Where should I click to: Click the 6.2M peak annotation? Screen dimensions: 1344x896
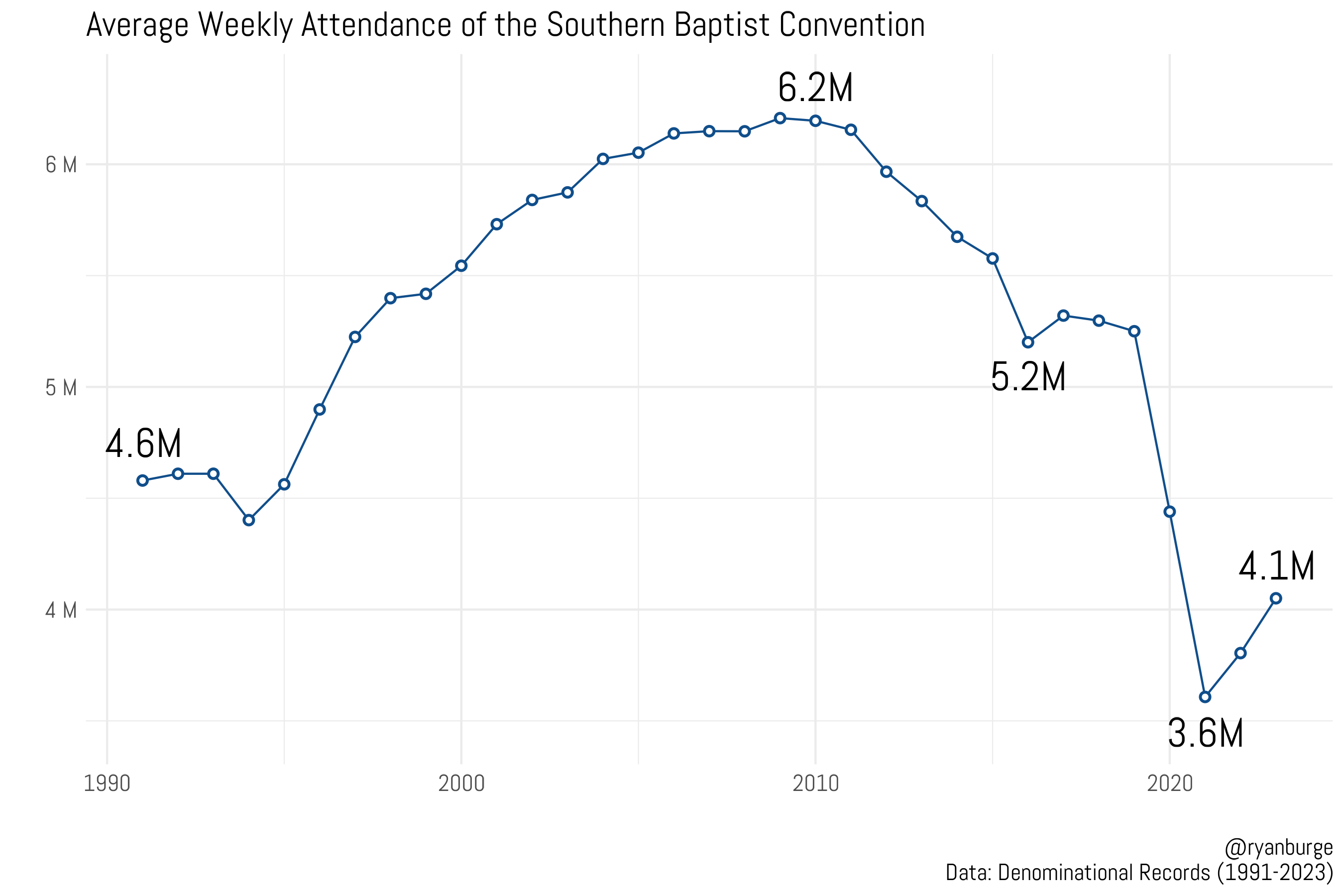pyautogui.click(x=815, y=89)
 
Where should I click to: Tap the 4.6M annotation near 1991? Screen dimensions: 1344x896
pyautogui.click(x=143, y=444)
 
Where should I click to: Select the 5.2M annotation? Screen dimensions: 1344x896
pyautogui.click(x=1028, y=378)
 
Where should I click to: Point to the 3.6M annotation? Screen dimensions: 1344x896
pyautogui.click(x=1205, y=734)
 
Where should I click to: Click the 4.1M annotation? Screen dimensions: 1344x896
pyautogui.click(x=1277, y=567)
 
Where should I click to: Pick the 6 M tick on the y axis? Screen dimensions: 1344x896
pyautogui.click(x=61, y=165)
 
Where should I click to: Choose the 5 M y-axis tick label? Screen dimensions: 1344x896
pyautogui.click(x=61, y=388)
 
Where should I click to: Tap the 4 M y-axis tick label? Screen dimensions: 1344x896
pyautogui.click(x=61, y=610)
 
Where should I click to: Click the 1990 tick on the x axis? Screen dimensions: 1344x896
pyautogui.click(x=107, y=784)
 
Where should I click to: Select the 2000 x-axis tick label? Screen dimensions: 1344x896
pyautogui.click(x=461, y=784)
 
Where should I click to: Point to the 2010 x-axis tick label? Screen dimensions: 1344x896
pyautogui.click(x=815, y=784)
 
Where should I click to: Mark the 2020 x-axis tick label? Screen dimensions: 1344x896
pyautogui.click(x=1170, y=784)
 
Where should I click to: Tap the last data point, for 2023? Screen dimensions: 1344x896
pyautogui.click(x=1276, y=598)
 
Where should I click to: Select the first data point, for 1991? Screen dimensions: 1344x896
pyautogui.click(x=143, y=480)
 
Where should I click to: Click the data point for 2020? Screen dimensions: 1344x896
pyautogui.click(x=1170, y=511)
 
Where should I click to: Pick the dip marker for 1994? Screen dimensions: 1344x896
pyautogui.click(x=248, y=520)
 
